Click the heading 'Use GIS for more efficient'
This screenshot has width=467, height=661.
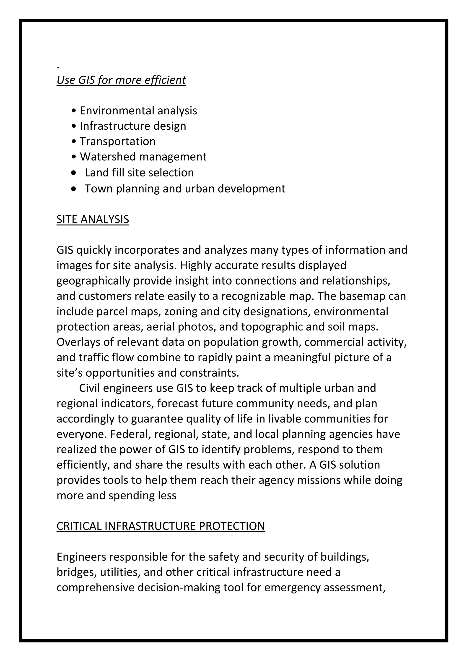(121, 80)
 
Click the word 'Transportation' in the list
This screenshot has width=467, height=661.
(117, 141)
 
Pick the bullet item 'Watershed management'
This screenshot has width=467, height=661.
(143, 157)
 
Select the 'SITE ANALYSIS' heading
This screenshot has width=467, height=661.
(93, 219)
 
